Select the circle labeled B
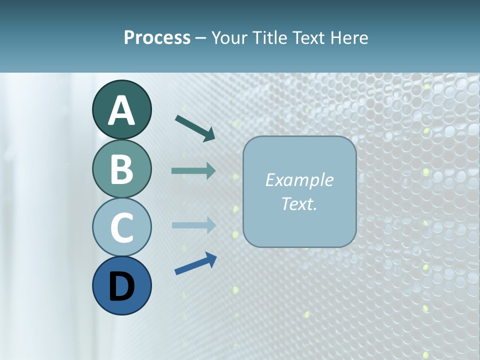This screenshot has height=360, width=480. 121,168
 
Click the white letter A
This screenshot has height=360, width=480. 121,110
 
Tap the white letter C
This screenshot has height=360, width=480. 121,227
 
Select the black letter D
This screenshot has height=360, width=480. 121,286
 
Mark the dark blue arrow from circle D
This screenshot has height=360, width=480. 195,264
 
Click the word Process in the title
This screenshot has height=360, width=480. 157,37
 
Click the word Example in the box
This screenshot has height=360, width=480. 299,180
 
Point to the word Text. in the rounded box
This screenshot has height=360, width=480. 299,203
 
